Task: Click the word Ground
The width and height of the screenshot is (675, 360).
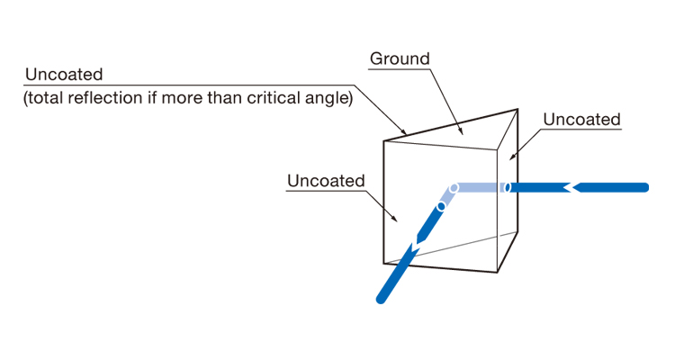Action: [400, 59]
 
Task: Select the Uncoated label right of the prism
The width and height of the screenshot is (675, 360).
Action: [581, 119]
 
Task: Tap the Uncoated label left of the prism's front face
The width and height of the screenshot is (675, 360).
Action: [326, 181]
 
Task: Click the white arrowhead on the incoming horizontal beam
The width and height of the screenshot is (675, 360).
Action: [571, 187]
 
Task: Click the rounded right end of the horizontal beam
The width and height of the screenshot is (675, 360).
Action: [644, 187]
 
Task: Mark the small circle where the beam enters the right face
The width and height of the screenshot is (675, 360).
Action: [506, 187]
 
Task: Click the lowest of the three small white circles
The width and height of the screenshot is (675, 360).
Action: [441, 206]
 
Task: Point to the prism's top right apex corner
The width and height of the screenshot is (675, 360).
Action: [517, 110]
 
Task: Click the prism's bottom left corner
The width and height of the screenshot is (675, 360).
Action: [384, 262]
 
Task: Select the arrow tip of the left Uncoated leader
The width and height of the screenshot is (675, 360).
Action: [398, 219]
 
